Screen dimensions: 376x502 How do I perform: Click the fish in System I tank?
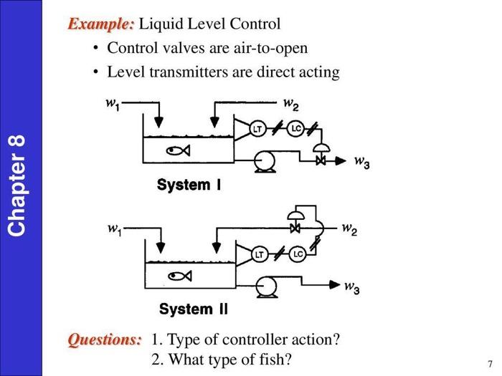176,150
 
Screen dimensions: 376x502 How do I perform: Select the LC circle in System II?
298,254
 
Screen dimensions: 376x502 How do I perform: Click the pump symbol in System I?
266,161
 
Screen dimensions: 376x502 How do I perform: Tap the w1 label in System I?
113,103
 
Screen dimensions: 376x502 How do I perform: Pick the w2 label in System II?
349,229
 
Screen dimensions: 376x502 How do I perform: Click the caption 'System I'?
189,185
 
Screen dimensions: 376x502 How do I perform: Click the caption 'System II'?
193,309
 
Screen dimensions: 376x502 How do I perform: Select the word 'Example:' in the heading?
100,24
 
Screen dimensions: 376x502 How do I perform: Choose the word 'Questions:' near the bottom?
105,339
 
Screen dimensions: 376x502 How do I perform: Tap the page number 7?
489,363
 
